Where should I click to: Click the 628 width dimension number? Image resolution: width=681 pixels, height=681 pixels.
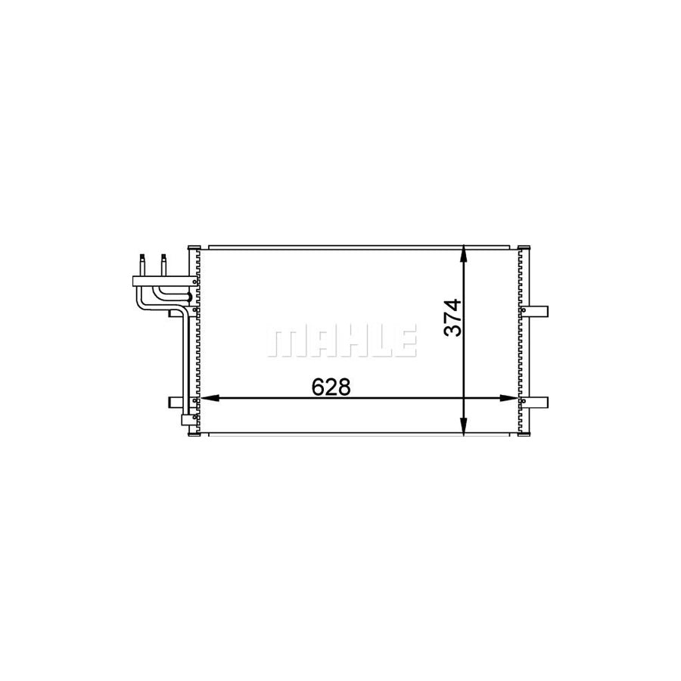pyautogui.click(x=331, y=387)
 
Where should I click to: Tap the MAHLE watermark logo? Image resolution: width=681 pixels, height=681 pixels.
pyautogui.click(x=341, y=342)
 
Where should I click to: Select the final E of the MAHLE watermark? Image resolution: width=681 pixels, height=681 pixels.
pyautogui.click(x=405, y=342)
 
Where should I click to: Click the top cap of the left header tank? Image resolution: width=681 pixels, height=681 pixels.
pyautogui.click(x=192, y=247)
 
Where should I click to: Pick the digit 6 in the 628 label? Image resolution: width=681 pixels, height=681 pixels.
pyautogui.click(x=319, y=387)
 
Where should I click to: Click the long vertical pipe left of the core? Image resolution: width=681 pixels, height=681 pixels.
pyautogui.click(x=184, y=356)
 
